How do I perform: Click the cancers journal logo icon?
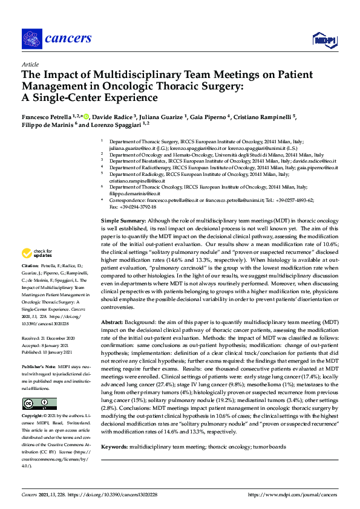coord(31,38)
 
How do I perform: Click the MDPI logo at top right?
coord(324,40)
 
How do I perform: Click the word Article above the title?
coord(30,64)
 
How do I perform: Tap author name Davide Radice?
coord(115,116)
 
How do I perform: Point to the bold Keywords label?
coord(115,447)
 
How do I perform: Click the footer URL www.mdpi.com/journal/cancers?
coord(294,494)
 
